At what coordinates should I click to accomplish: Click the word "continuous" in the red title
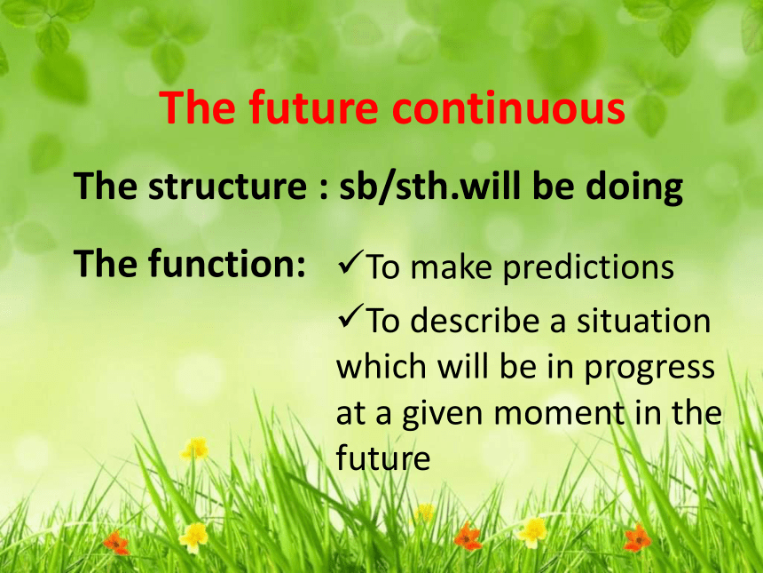pos(508,107)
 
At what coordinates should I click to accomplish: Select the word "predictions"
pos(588,268)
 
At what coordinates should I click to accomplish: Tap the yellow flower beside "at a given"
pos(194,449)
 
